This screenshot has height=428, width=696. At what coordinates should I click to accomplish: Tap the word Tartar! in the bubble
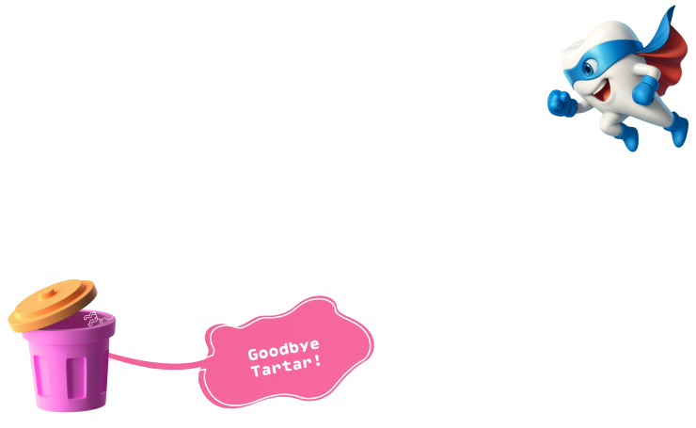point(286,369)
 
